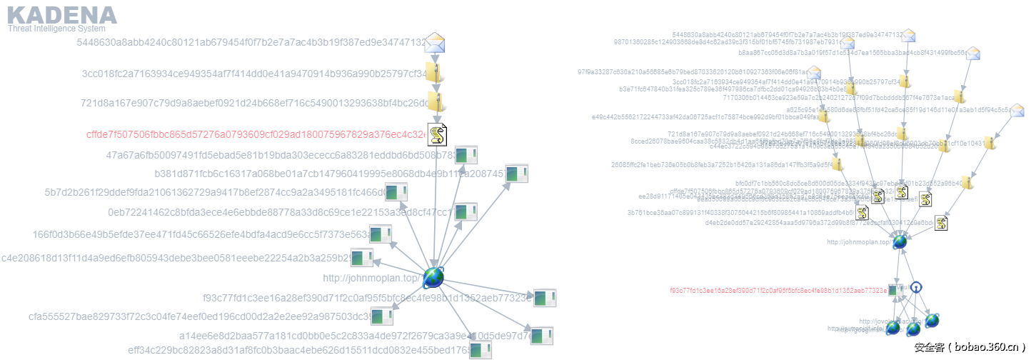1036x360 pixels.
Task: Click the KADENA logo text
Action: pyautogui.click(x=61, y=15)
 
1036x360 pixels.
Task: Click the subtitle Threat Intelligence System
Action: pyautogui.click(x=56, y=29)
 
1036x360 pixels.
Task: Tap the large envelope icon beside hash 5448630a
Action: pyautogui.click(x=435, y=44)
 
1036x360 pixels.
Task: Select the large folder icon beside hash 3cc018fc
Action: pyautogui.click(x=434, y=72)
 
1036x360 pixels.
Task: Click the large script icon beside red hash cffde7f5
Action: pyautogui.click(x=437, y=134)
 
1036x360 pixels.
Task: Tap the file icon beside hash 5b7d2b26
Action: pyautogui.click(x=396, y=191)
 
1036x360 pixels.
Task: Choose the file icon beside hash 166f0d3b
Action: pyautogui.click(x=380, y=234)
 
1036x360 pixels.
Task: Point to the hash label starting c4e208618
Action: pyautogui.click(x=175, y=258)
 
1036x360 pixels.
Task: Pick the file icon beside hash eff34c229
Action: pyautogui.click(x=481, y=349)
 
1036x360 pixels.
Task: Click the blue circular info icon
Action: pyautogui.click(x=917, y=286)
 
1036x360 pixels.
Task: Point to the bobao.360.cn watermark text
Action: pyautogui.click(x=970, y=348)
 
